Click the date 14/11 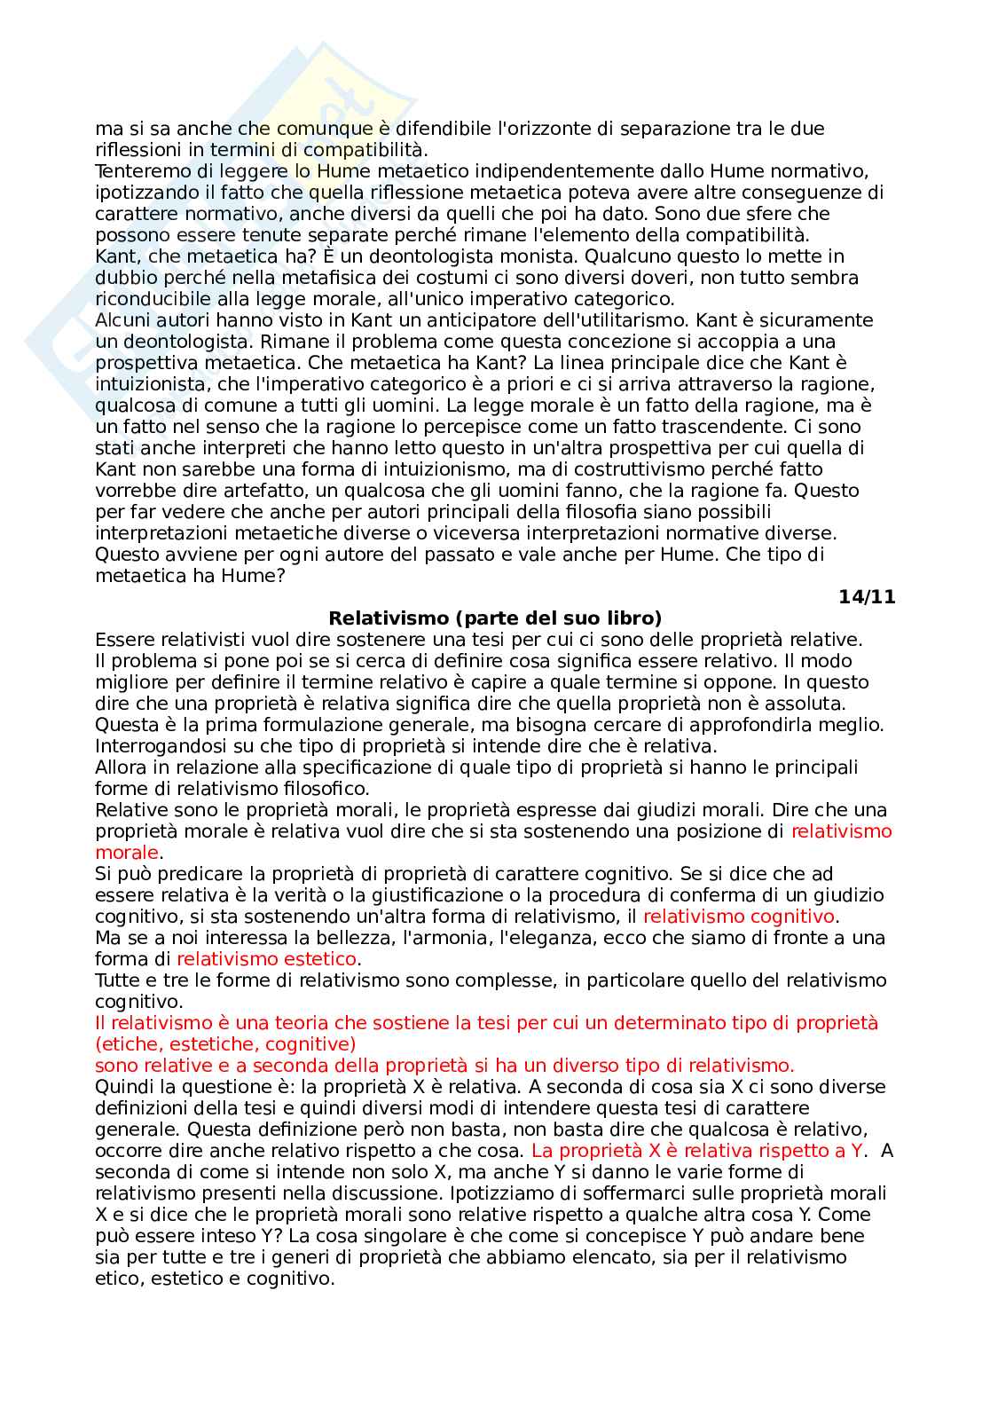point(867,597)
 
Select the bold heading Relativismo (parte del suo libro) point(495,618)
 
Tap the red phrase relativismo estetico point(266,959)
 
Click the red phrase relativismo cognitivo point(739,917)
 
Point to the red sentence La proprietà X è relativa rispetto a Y point(697,1151)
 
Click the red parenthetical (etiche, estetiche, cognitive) point(225,1044)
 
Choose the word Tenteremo point(137,171)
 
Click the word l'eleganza point(513,938)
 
